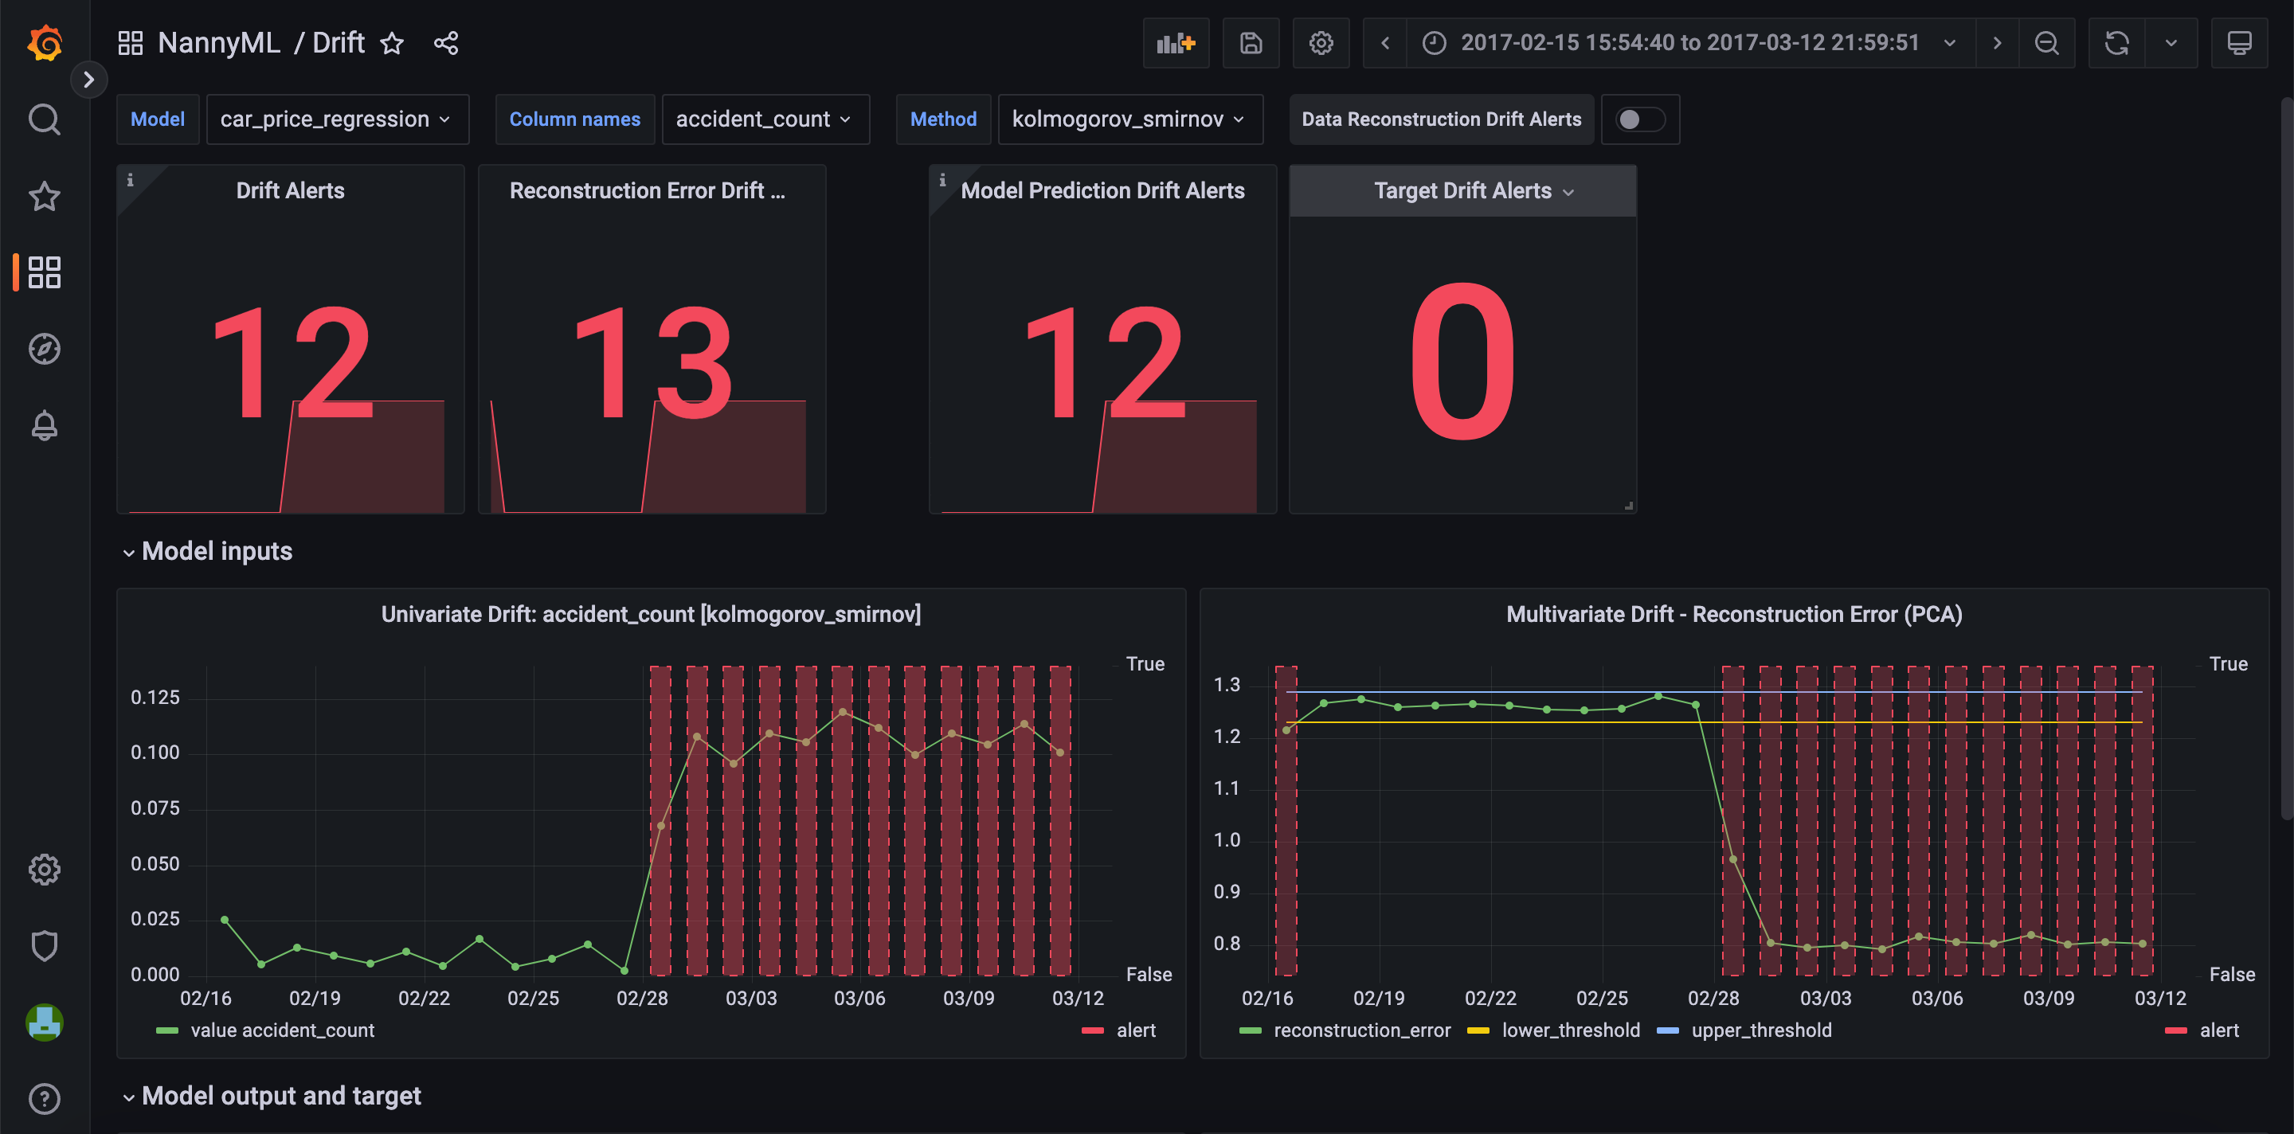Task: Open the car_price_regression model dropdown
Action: (x=335, y=119)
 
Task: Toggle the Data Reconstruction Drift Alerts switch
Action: (x=1639, y=119)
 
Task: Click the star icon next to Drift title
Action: (x=392, y=43)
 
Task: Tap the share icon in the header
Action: (x=446, y=43)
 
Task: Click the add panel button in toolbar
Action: (x=1175, y=43)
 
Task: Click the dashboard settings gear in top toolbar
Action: (x=1321, y=43)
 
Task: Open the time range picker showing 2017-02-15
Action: (x=1689, y=43)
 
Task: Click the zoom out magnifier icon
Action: (x=2046, y=43)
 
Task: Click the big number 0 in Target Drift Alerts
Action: (x=1462, y=361)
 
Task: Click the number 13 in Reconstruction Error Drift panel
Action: (x=653, y=361)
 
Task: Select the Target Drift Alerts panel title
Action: (x=1462, y=190)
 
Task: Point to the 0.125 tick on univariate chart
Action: (x=155, y=697)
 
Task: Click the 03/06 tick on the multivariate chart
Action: (x=1937, y=998)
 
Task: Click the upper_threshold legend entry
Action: (x=1760, y=1030)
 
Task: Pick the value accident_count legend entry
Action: (x=281, y=1030)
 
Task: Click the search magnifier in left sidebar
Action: (x=45, y=119)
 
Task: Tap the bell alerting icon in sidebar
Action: (x=45, y=425)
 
